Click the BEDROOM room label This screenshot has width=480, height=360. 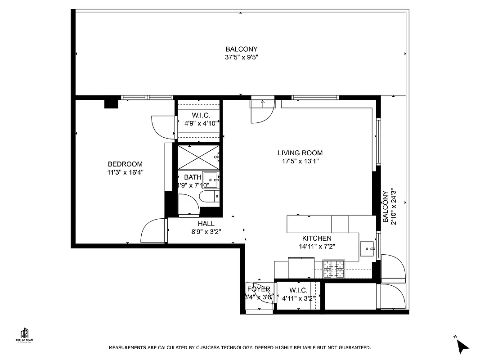tap(125, 164)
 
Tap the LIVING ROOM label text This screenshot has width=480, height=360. tap(300, 153)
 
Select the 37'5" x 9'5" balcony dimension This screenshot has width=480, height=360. tap(242, 57)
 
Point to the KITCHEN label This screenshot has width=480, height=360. tap(316, 238)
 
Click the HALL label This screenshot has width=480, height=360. tap(206, 224)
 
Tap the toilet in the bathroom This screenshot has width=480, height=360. tap(209, 196)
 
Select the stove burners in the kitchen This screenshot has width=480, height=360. tap(333, 269)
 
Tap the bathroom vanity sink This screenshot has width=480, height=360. tap(211, 179)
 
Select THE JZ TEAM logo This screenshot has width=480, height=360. tap(25, 335)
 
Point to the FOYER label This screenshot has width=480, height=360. tap(259, 289)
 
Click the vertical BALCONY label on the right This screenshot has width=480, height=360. tap(385, 207)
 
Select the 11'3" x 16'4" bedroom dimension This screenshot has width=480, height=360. tap(125, 172)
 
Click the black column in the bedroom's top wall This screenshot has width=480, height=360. tap(111, 104)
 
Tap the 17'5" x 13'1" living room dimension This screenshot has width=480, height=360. tap(300, 161)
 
